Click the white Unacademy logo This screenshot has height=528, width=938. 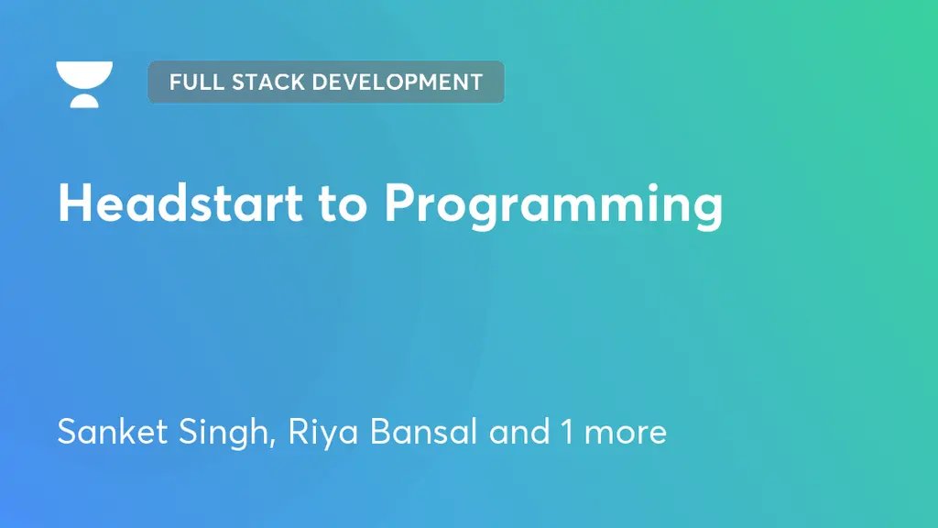click(x=84, y=84)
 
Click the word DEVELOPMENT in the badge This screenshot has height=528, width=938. click(x=398, y=82)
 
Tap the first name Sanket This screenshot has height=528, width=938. click(x=107, y=431)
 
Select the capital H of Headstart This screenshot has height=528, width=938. click(x=76, y=203)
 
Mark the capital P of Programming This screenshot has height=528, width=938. click(x=400, y=203)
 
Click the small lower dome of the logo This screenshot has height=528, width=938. click(x=84, y=100)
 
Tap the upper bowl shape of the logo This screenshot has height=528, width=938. click(x=84, y=72)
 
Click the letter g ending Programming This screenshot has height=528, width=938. click(x=706, y=211)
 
